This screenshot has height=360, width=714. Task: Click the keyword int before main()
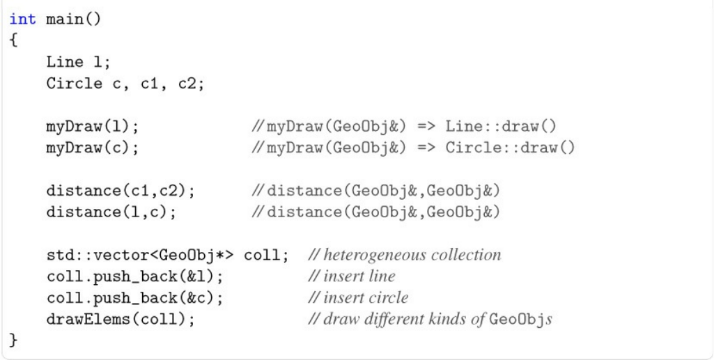pos(23,19)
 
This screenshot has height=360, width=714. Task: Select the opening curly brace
pos(13,40)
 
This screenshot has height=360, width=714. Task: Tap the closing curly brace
pos(13,341)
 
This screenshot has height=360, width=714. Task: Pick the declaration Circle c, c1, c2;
pos(125,84)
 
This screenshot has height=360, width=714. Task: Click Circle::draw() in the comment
pos(510,148)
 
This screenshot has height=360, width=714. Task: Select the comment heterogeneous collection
pos(412,255)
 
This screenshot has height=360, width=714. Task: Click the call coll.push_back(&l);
pos(134,276)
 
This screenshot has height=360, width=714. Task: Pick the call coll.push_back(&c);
pos(134,298)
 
